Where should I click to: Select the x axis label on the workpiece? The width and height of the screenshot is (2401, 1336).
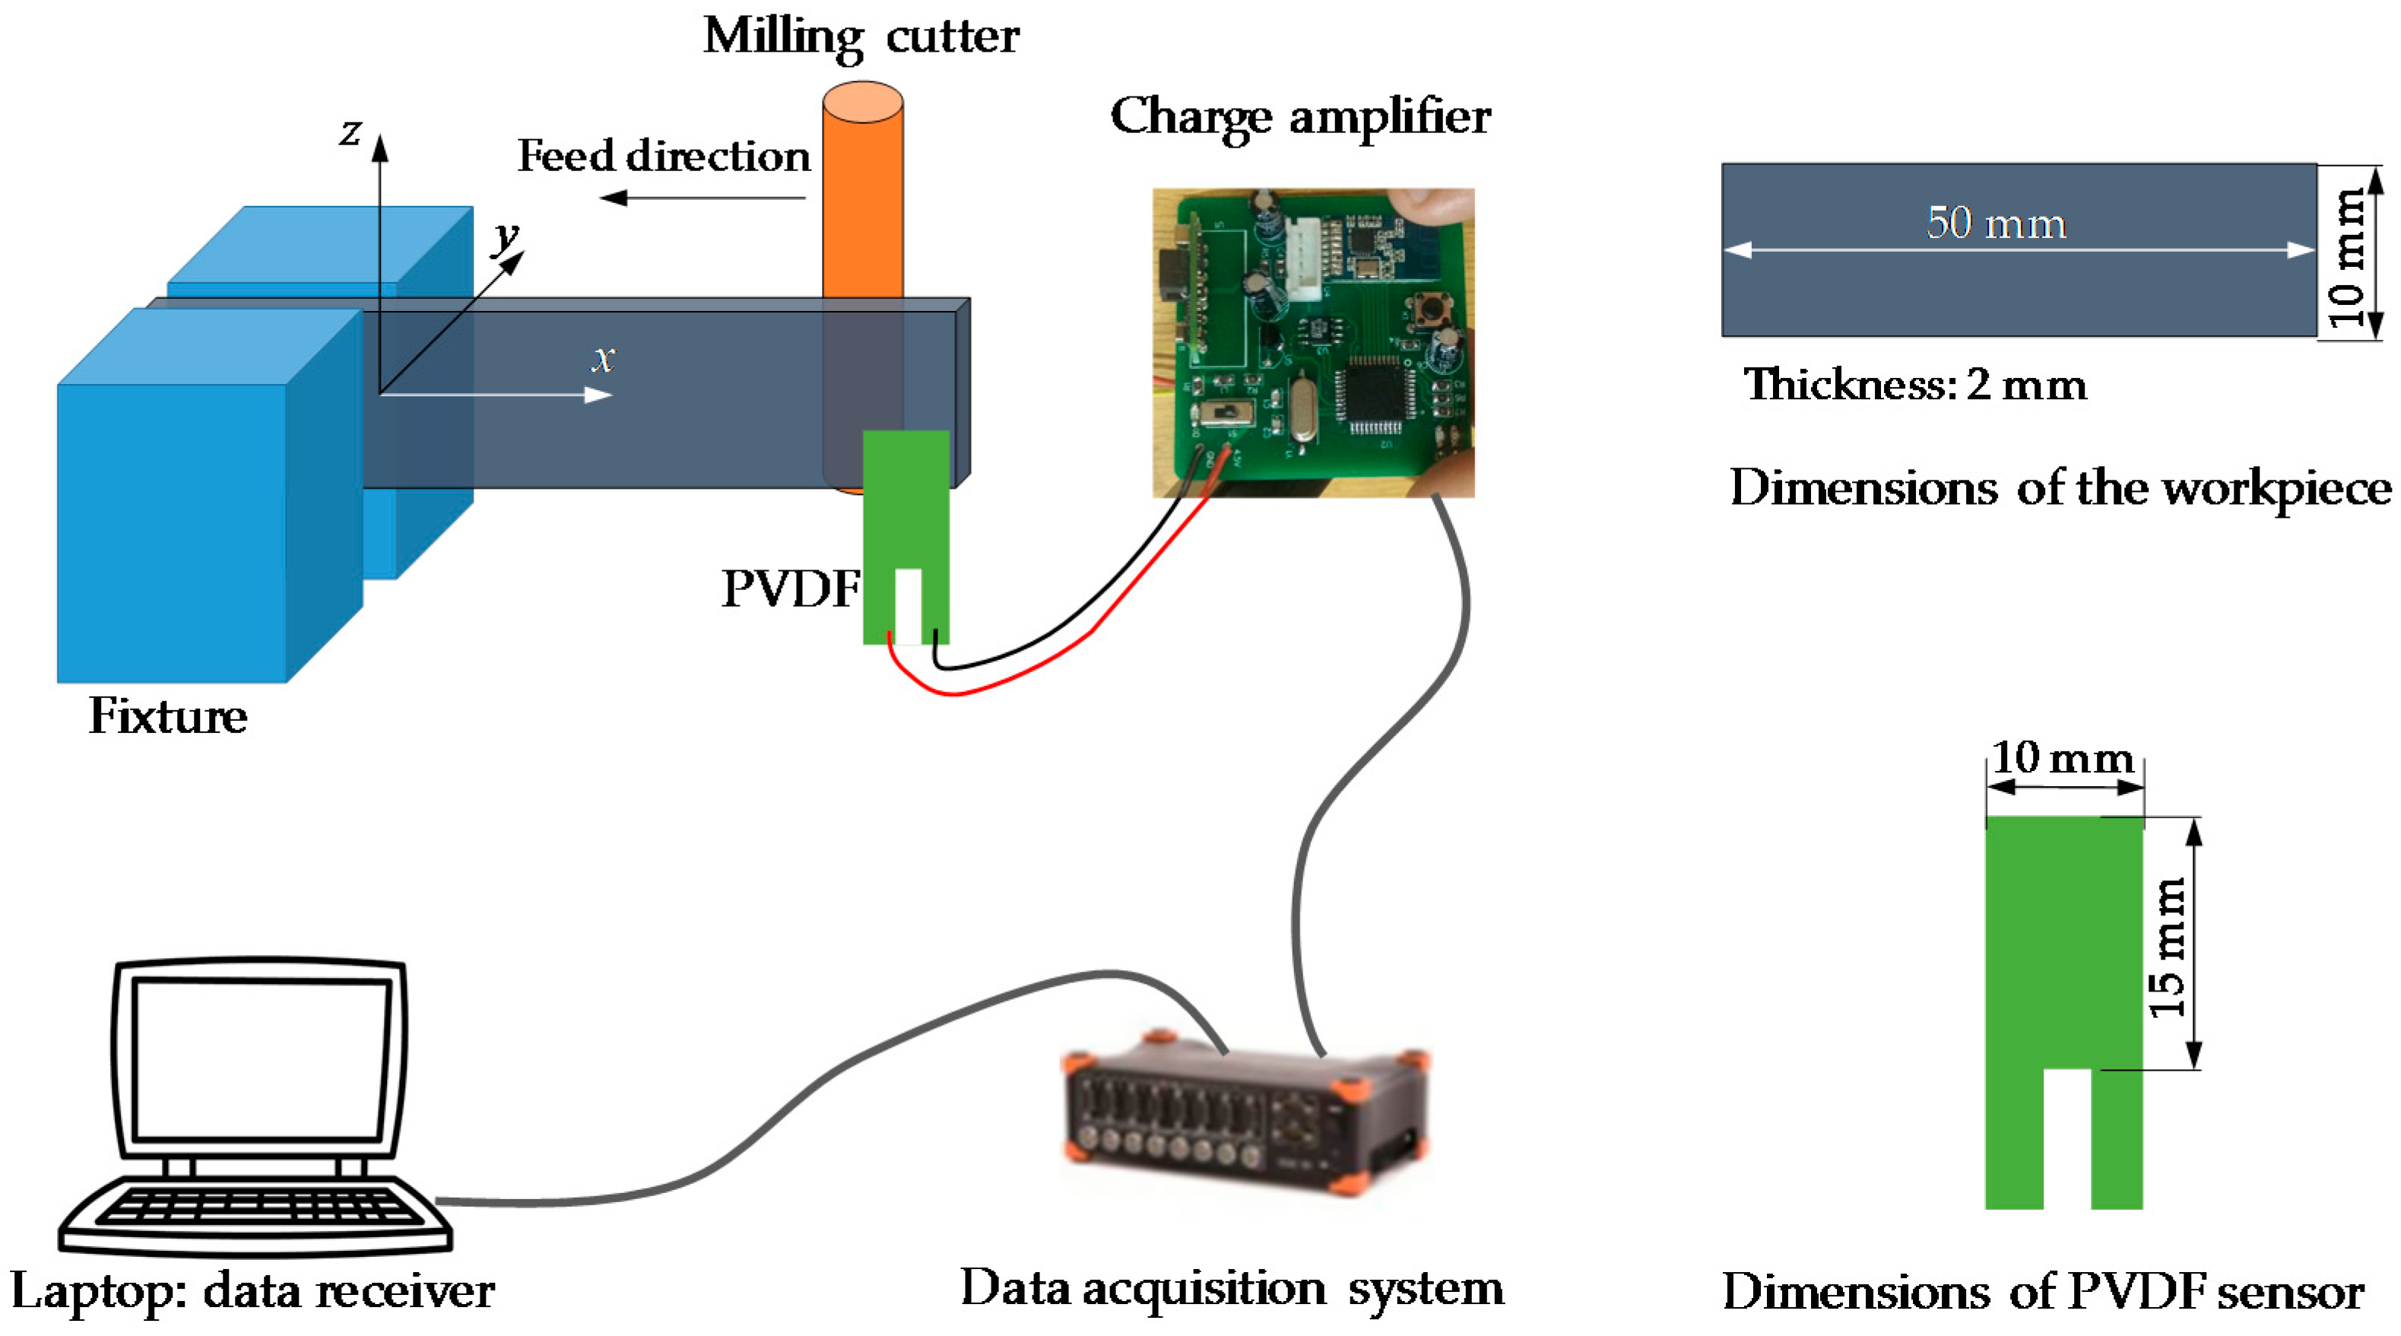pyautogui.click(x=604, y=357)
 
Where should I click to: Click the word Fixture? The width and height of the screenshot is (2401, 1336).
pyautogui.click(x=168, y=716)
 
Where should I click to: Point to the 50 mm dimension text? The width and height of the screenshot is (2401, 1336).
pyautogui.click(x=1996, y=223)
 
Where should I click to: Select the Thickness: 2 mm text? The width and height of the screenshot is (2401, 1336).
pyautogui.click(x=1914, y=384)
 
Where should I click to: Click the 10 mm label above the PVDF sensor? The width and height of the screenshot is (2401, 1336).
pyautogui.click(x=2062, y=757)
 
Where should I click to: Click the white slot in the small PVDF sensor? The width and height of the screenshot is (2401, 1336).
pyautogui.click(x=908, y=605)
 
